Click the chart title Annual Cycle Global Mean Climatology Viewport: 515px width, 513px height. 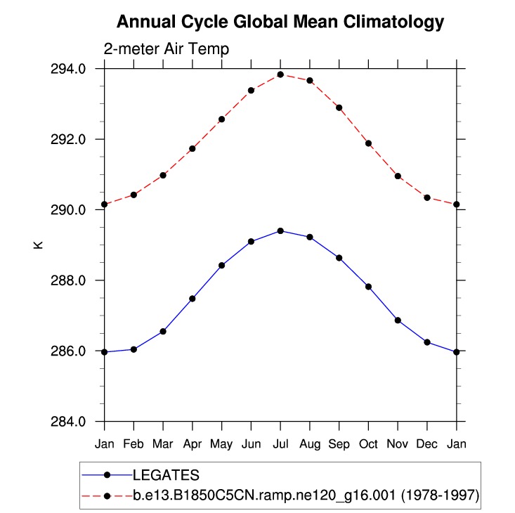tap(280, 22)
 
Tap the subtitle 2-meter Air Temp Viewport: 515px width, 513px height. tap(167, 49)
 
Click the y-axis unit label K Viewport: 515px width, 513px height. tap(39, 245)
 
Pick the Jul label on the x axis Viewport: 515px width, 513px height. tap(280, 444)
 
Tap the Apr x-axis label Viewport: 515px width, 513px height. tap(193, 444)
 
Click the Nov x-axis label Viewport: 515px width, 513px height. tap(398, 444)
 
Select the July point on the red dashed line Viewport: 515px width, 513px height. tap(280, 74)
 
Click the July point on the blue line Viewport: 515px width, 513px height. tap(280, 230)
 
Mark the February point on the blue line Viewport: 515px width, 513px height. tap(133, 349)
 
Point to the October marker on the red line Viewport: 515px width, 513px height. tap(368, 143)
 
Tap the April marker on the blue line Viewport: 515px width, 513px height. tap(193, 299)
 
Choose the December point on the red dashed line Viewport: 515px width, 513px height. tap(427, 197)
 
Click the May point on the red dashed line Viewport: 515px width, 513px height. tap(221, 119)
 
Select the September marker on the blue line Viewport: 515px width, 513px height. tap(339, 258)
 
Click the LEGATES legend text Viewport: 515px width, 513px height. tap(167, 475)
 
